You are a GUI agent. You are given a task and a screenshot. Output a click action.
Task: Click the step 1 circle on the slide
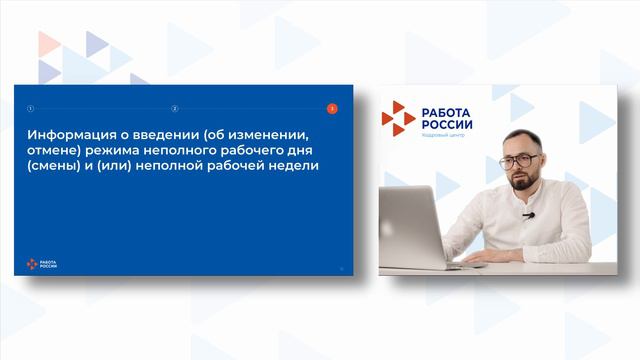pos(30,108)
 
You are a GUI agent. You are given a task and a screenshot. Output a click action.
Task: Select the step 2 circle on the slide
pos(175,108)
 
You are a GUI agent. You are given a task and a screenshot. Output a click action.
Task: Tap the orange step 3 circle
pos(332,108)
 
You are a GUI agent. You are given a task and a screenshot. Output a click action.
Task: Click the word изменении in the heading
pos(265,132)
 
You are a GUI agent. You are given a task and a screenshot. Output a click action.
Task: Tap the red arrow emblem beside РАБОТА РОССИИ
pos(397,118)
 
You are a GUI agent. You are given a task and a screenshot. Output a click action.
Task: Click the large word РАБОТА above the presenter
pos(447,111)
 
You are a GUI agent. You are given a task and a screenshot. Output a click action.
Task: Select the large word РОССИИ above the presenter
pos(447,124)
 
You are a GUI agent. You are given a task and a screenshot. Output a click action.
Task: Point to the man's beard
pos(522,181)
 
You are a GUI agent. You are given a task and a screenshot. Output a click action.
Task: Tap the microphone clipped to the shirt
pos(528,215)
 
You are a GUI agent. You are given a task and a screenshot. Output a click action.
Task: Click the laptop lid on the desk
pos(411,225)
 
